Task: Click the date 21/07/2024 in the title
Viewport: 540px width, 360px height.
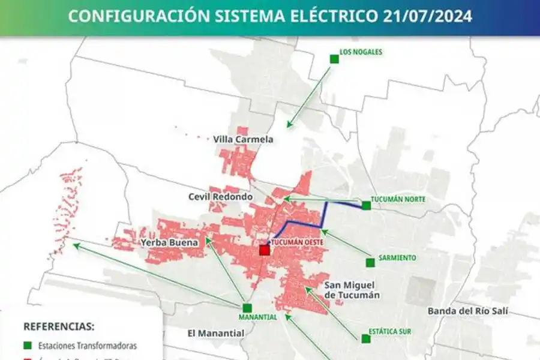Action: pyautogui.click(x=427, y=16)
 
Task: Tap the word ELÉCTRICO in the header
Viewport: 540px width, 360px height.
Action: pyautogui.click(x=336, y=16)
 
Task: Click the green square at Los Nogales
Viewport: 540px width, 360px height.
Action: pyautogui.click(x=334, y=59)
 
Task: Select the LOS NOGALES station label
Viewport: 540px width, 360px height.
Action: pyautogui.click(x=361, y=52)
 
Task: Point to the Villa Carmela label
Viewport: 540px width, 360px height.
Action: pyautogui.click(x=243, y=139)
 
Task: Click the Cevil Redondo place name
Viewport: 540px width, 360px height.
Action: pyautogui.click(x=220, y=197)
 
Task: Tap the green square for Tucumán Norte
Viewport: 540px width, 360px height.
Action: pyautogui.click(x=367, y=206)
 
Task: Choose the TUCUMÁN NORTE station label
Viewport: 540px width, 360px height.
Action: pyautogui.click(x=398, y=199)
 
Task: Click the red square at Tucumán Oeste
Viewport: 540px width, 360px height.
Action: pyautogui.click(x=265, y=250)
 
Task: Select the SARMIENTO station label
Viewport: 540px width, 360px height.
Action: pyautogui.click(x=398, y=258)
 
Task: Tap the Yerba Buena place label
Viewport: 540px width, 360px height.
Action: pyautogui.click(x=165, y=243)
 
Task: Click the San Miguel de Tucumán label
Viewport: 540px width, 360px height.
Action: pyautogui.click(x=352, y=290)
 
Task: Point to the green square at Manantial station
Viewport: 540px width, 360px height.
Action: pyautogui.click(x=247, y=307)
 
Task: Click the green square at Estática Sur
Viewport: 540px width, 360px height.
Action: pyautogui.click(x=366, y=339)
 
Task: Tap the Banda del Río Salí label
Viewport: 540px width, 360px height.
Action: pyautogui.click(x=467, y=311)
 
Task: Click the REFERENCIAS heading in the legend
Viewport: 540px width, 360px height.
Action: pyautogui.click(x=59, y=327)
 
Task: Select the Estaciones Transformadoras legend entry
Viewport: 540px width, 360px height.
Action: pyautogui.click(x=87, y=346)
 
